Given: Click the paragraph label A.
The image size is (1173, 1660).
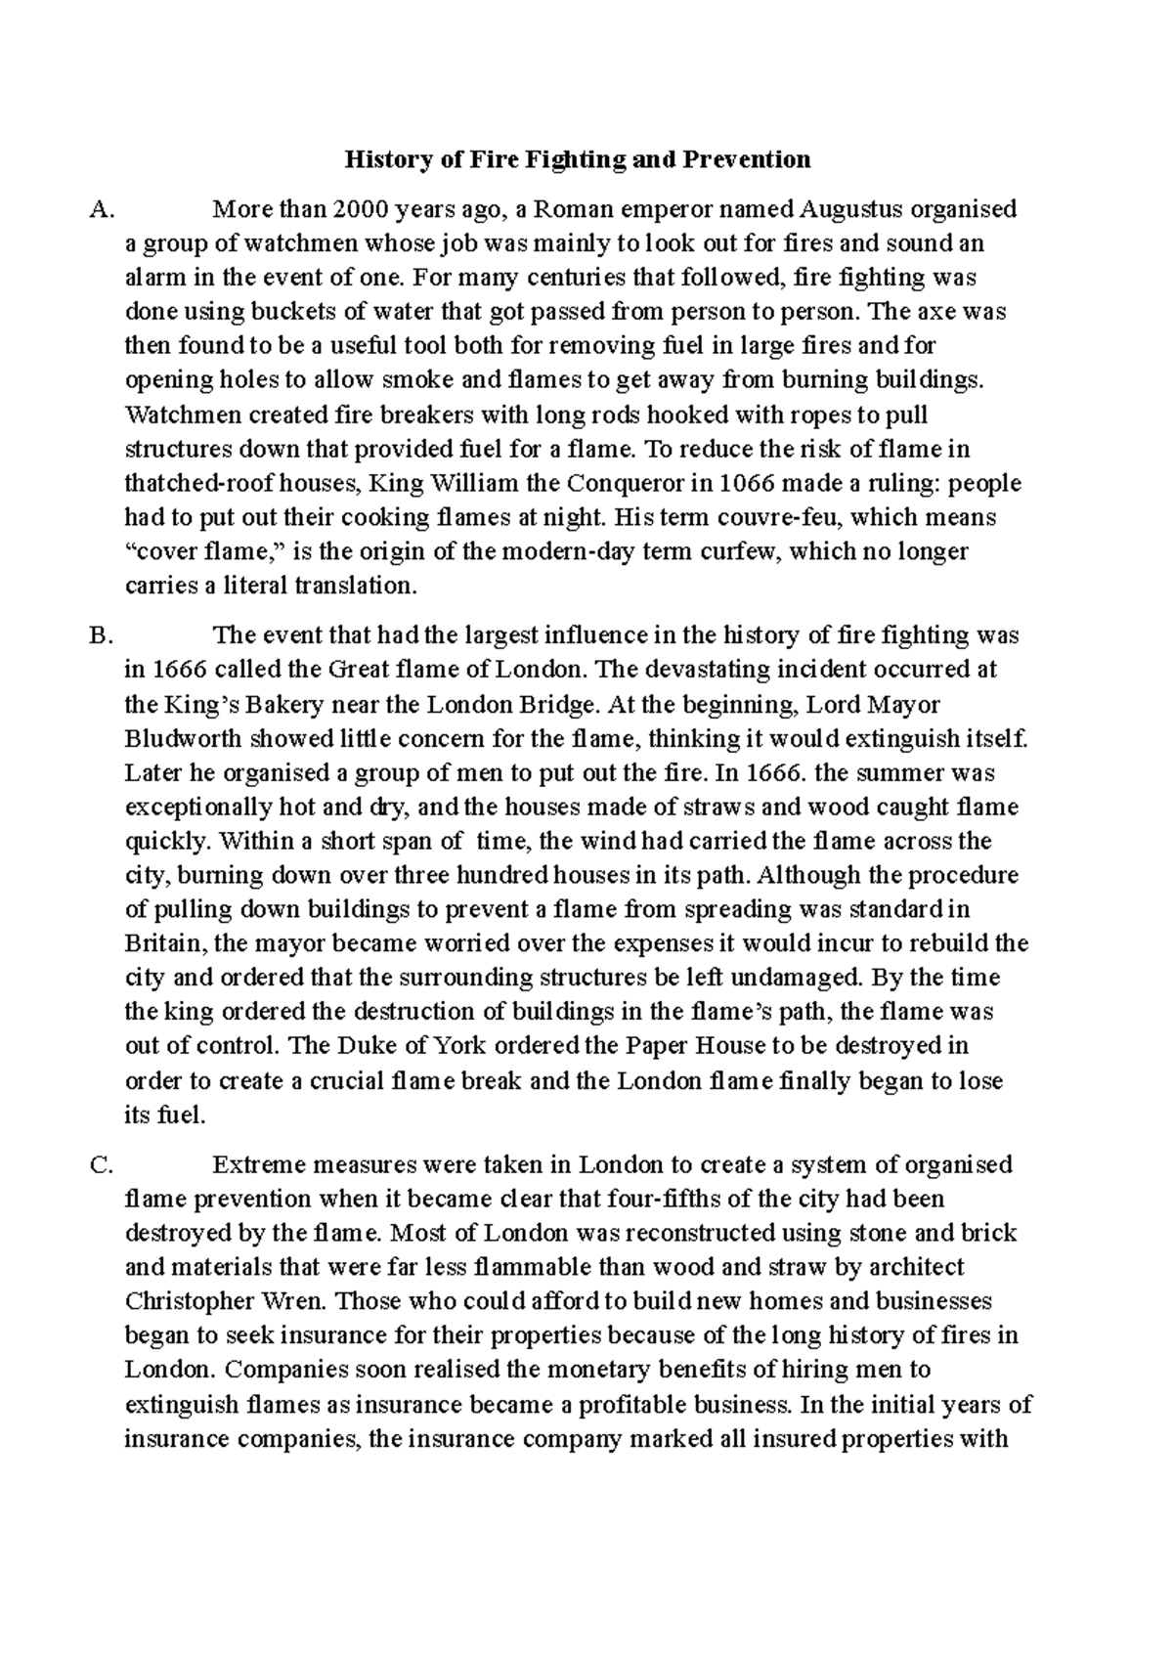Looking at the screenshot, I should pyautogui.click(x=101, y=209).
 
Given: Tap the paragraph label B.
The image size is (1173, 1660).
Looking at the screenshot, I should pyautogui.click(x=101, y=636).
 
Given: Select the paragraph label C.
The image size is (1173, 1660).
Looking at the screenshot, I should pyautogui.click(x=101, y=1165).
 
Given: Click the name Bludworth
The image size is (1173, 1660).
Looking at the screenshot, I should pyautogui.click(x=184, y=739).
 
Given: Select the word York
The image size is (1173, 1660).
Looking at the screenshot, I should pyautogui.click(x=459, y=1046).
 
